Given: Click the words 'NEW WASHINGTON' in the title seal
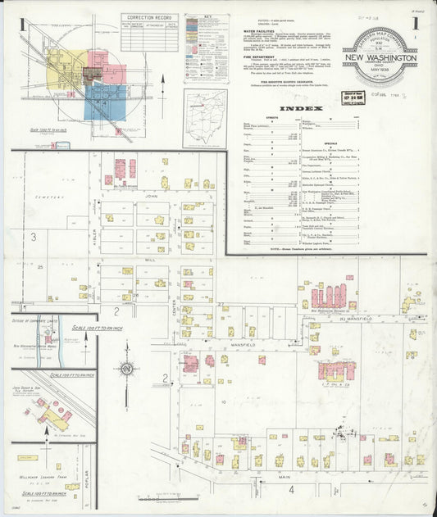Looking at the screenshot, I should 385,59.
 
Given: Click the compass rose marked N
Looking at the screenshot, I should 126,369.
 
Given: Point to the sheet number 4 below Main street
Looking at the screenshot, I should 291,489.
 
